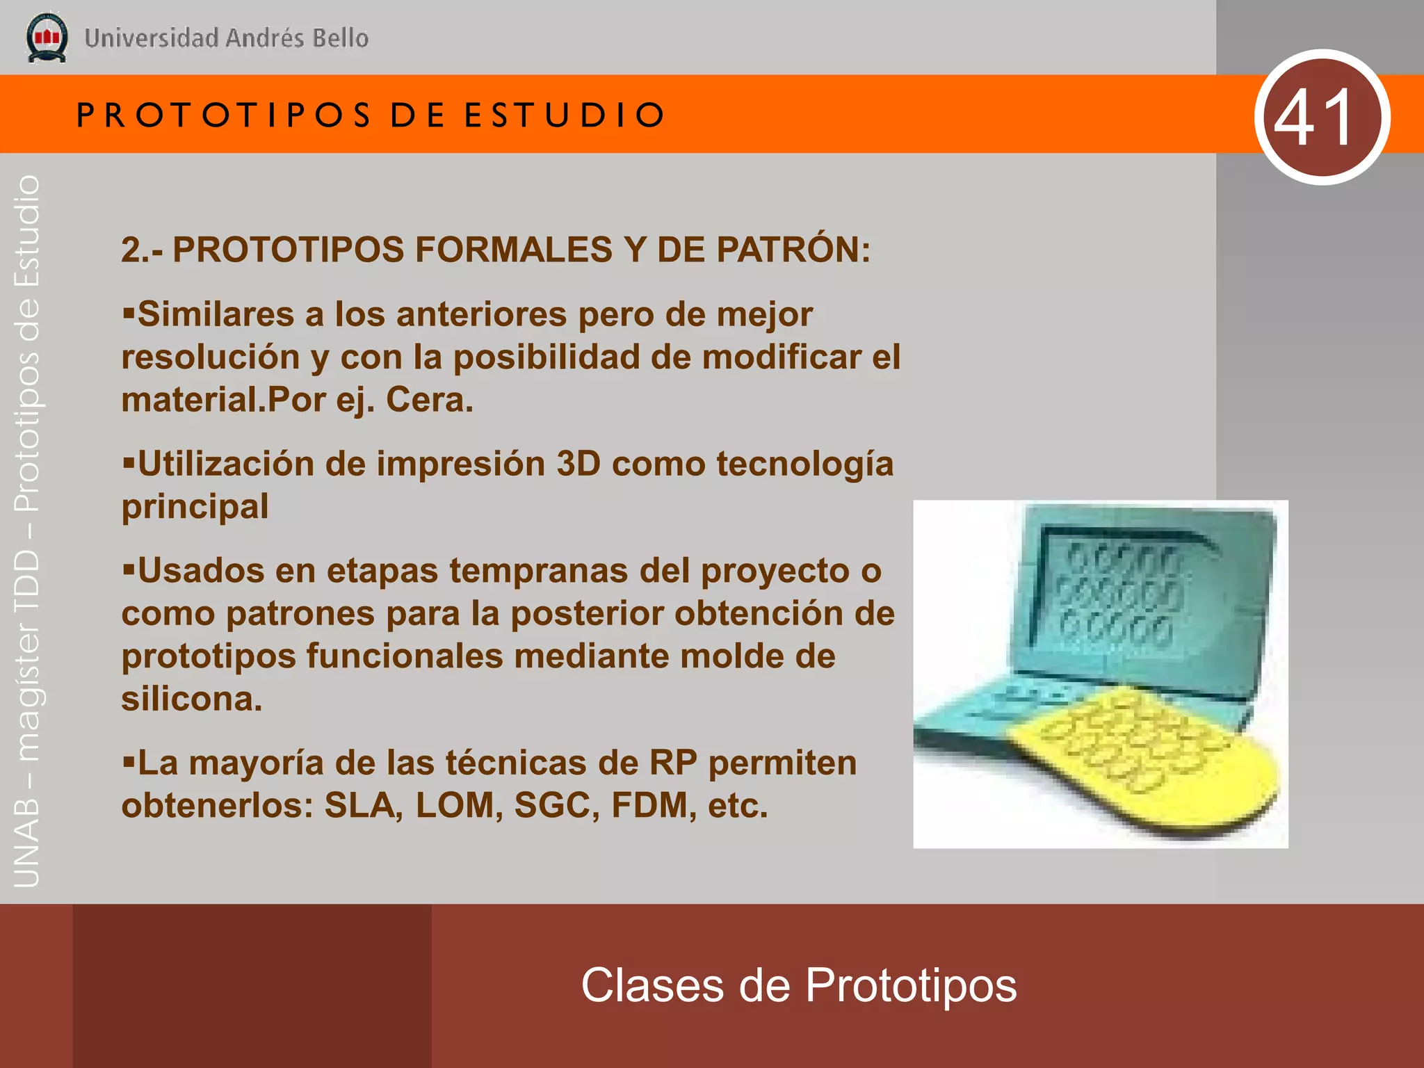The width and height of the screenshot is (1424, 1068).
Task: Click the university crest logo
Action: click(47, 38)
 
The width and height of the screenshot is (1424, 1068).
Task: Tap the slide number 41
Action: click(1322, 117)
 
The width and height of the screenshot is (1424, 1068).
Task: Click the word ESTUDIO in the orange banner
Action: click(565, 115)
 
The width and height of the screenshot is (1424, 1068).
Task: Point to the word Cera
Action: click(429, 400)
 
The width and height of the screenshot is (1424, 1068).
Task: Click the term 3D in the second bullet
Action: click(578, 464)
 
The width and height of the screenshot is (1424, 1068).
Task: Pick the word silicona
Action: click(192, 699)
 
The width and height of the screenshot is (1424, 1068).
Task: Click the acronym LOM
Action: click(459, 805)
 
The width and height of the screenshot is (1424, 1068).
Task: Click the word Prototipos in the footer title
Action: click(911, 985)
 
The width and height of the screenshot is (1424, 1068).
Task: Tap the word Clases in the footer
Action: click(652, 985)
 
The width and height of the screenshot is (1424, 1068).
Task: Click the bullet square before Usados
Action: click(128, 570)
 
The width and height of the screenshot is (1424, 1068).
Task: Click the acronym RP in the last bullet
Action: click(673, 763)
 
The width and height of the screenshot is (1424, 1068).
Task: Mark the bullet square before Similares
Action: click(128, 313)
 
